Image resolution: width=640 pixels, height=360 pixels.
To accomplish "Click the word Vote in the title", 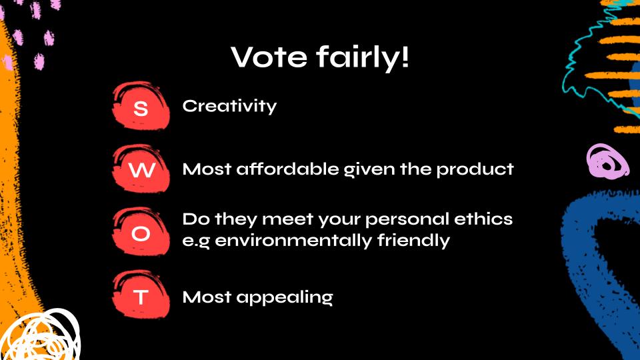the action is [x=269, y=56].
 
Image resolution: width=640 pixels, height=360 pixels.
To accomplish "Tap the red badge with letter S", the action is [x=141, y=106].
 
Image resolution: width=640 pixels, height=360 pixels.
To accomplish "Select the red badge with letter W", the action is [x=141, y=169].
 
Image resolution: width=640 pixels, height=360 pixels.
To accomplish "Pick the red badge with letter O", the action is [x=141, y=232].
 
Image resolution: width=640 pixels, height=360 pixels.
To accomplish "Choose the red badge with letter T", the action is [x=141, y=295].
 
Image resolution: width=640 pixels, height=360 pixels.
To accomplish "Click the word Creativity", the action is [x=229, y=106].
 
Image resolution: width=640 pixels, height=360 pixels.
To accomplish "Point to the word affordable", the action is [x=288, y=169].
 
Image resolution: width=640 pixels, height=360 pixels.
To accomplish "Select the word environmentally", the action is [x=293, y=241].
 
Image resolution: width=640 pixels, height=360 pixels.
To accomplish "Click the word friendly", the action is [x=413, y=241].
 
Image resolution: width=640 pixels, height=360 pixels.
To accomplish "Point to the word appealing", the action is [x=285, y=298].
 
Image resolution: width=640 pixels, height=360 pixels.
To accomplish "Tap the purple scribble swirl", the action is [x=607, y=162].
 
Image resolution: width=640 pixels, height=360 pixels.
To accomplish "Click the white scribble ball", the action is [x=41, y=335].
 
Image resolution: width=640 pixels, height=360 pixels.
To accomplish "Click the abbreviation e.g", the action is [x=196, y=241].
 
